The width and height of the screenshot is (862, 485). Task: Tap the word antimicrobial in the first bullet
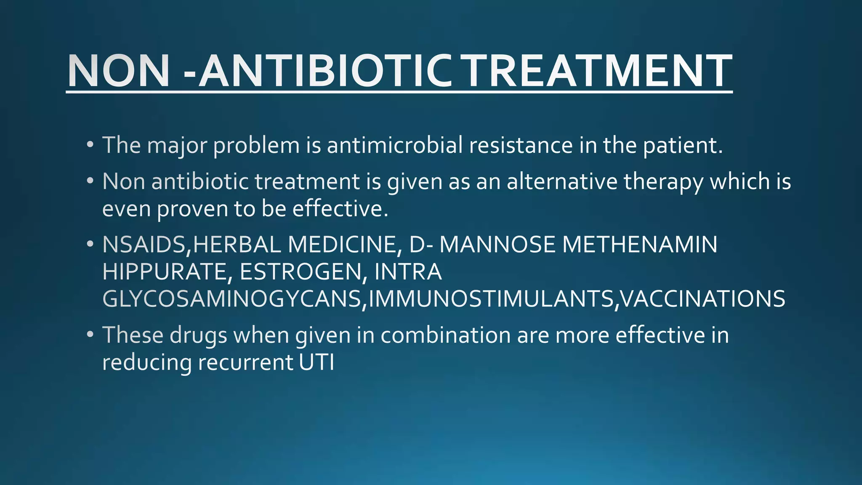[x=395, y=145]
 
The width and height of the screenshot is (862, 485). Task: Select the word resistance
[x=521, y=145]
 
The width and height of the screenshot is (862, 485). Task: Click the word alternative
[x=562, y=181]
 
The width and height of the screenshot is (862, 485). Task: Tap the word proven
[x=192, y=209]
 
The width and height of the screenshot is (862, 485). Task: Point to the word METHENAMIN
[x=640, y=245]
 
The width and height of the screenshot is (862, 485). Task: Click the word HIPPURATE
[x=164, y=272]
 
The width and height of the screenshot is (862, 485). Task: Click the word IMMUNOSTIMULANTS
[x=490, y=299]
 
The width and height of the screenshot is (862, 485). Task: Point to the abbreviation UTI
[x=317, y=362]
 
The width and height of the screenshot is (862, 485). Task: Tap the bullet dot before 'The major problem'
[x=90, y=145]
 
